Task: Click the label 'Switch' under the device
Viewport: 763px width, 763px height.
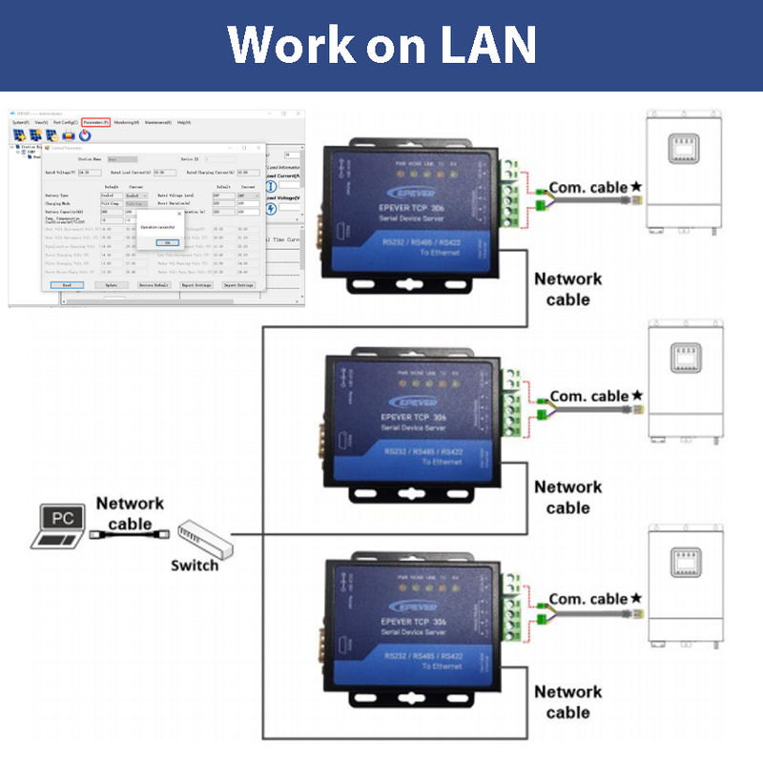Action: click(x=195, y=565)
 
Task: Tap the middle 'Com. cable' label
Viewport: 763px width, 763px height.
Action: click(x=589, y=396)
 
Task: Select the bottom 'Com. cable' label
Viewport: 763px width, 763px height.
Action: click(x=588, y=599)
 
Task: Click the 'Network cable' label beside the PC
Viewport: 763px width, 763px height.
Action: click(x=130, y=513)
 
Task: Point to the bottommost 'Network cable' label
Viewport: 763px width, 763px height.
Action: click(x=568, y=702)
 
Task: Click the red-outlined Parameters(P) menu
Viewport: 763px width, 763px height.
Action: click(x=95, y=122)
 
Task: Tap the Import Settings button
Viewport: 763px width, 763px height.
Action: click(x=238, y=284)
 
